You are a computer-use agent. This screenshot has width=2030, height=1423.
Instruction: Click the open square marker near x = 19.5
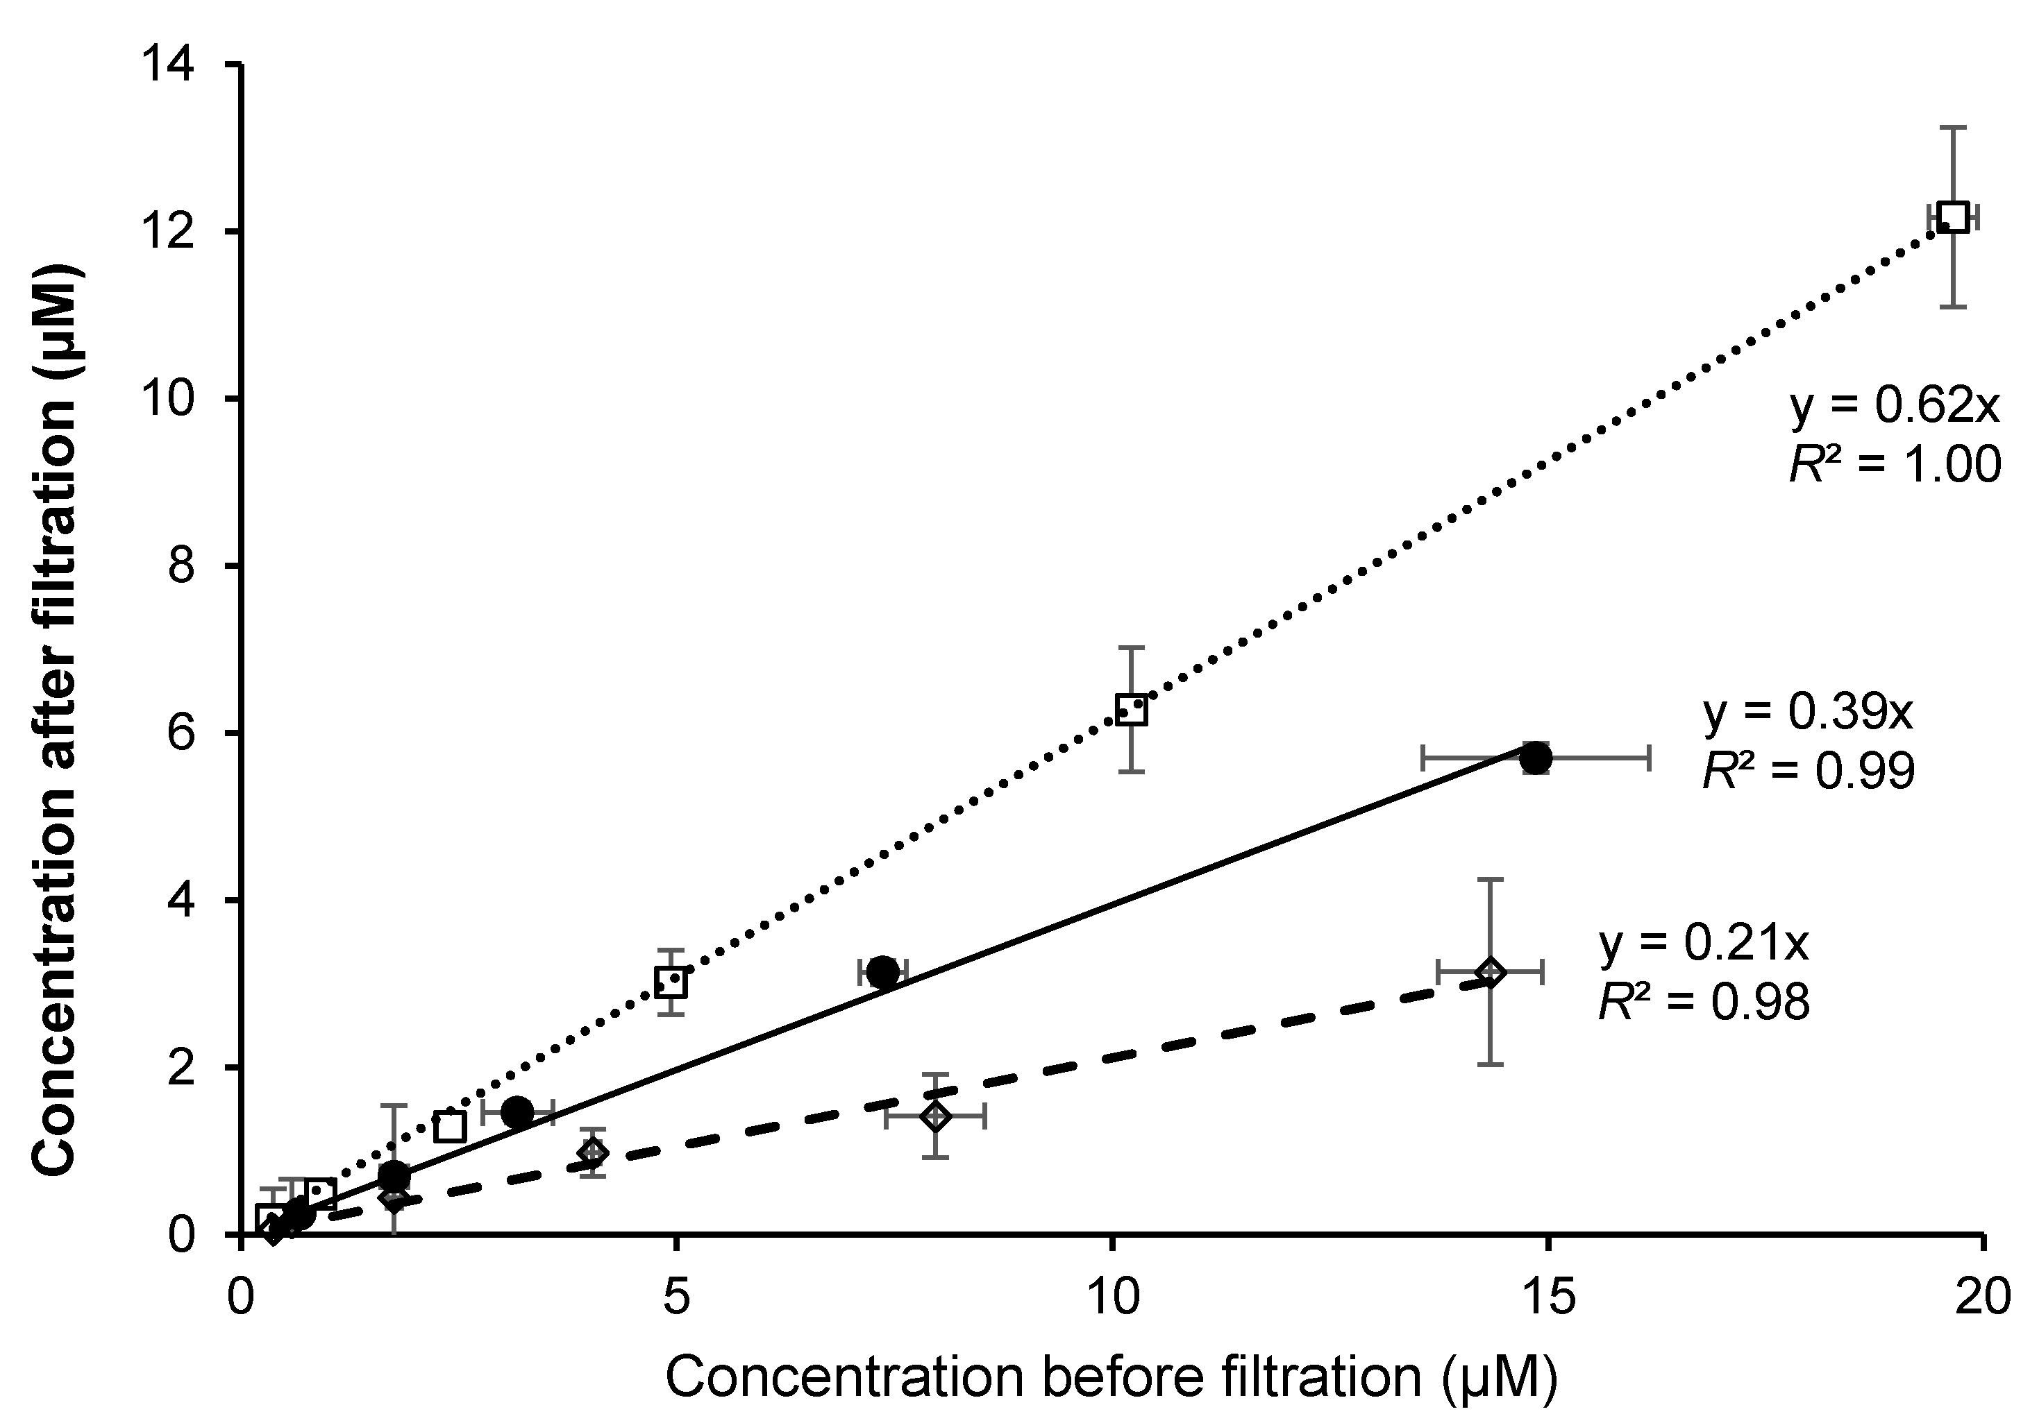pyautogui.click(x=1953, y=216)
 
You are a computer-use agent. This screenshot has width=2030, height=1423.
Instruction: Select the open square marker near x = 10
pyautogui.click(x=1132, y=710)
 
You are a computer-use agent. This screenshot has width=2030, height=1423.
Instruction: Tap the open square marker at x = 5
pyautogui.click(x=672, y=981)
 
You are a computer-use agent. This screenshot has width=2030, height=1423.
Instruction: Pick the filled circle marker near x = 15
pyautogui.click(x=1536, y=758)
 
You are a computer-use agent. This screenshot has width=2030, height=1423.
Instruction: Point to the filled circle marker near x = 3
pyautogui.click(x=517, y=1112)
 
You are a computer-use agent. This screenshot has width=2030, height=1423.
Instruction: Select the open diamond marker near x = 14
pyautogui.click(x=1491, y=972)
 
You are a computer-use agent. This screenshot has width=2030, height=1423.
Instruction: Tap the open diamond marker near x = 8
pyautogui.click(x=935, y=1116)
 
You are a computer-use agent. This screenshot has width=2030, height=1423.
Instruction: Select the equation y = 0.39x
pyautogui.click(x=1808, y=713)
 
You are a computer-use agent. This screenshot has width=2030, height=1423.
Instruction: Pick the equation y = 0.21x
pyautogui.click(x=1704, y=943)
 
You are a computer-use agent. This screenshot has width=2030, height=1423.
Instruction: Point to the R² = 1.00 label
pyautogui.click(x=1895, y=463)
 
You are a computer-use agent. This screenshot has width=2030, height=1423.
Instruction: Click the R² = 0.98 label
pyautogui.click(x=1704, y=1001)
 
